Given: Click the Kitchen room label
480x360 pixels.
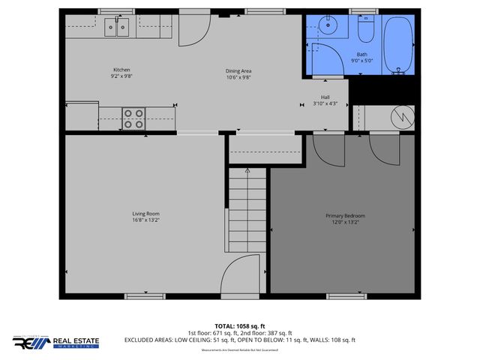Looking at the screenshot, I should click(121, 70).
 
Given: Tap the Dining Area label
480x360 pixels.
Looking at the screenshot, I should click(238, 70).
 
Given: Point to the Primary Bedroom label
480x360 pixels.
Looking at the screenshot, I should click(346, 215).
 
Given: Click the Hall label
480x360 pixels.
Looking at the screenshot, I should click(325, 97).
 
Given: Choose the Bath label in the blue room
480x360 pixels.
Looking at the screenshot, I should click(362, 54).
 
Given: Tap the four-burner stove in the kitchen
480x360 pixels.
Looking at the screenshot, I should click(134, 118).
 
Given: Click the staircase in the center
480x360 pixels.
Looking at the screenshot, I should click(247, 214).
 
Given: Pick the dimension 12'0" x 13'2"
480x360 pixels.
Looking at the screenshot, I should click(346, 222).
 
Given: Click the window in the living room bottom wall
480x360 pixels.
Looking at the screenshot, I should click(145, 296).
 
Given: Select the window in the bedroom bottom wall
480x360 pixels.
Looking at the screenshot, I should click(346, 296).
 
